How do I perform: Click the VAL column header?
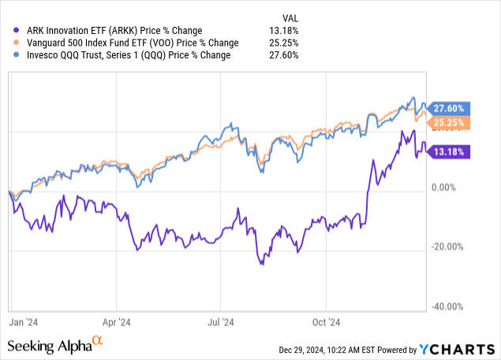(291, 17)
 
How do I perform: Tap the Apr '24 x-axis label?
(115, 322)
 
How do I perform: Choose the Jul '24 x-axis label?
(220, 322)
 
